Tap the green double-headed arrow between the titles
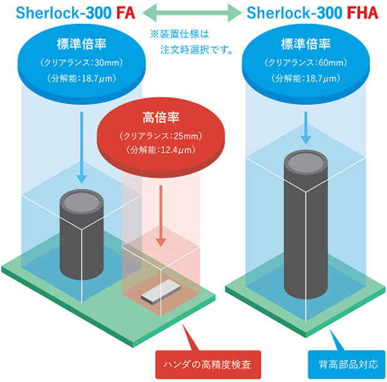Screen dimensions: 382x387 pos(189,12)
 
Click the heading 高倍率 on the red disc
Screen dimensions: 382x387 pos(161,119)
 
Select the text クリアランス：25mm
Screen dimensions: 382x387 pos(161,136)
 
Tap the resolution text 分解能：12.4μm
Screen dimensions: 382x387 pos(161,151)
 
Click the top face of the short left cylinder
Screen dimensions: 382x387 pos(80,202)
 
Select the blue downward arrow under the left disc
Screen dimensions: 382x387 pos(80,147)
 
